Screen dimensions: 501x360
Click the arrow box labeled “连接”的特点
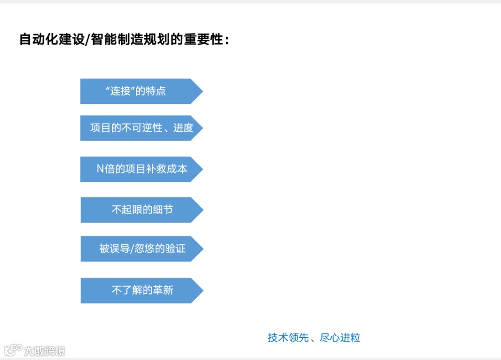pyautogui.click(x=141, y=91)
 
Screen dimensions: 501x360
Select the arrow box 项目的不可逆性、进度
pyautogui.click(x=141, y=128)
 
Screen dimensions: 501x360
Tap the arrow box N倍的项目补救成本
pyautogui.click(x=141, y=169)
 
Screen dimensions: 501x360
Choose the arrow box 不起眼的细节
pyautogui.click(x=141, y=210)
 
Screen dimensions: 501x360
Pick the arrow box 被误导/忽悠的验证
pyautogui.click(x=141, y=249)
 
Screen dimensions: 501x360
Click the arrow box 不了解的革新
pyautogui.click(x=141, y=290)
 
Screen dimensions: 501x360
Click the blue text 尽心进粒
pyautogui.click(x=340, y=338)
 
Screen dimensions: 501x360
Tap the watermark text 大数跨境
pyautogui.click(x=45, y=351)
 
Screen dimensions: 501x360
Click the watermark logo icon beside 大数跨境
pyautogui.click(x=13, y=349)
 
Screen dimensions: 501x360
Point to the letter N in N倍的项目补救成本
pyautogui.click(x=100, y=169)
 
